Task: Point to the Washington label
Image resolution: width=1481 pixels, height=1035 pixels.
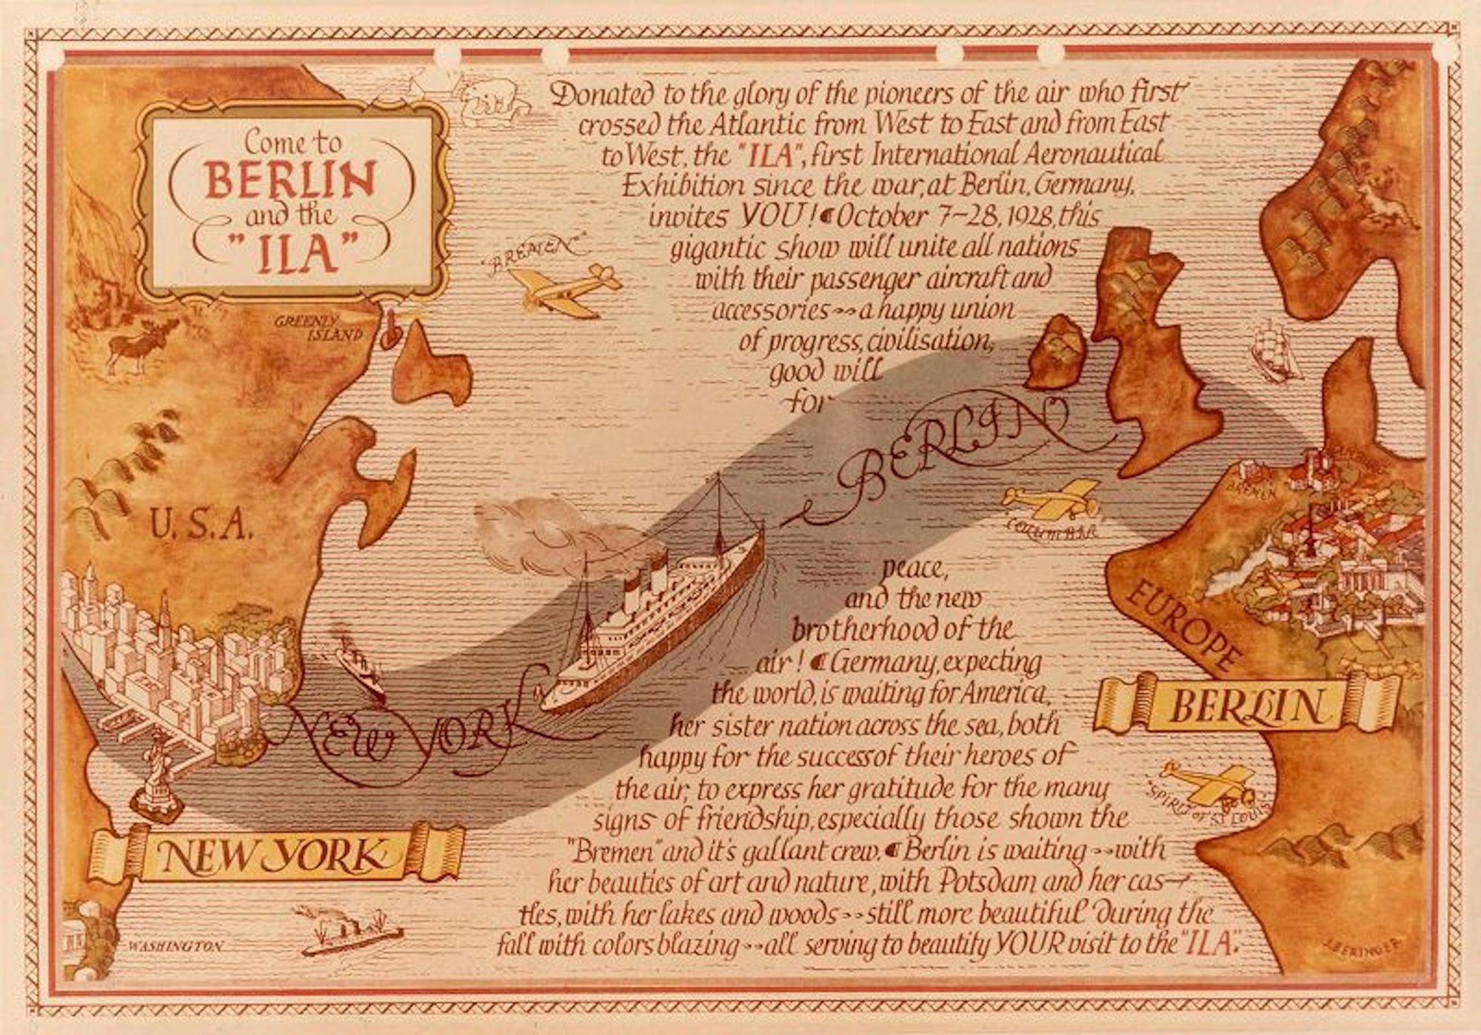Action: [175, 946]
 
